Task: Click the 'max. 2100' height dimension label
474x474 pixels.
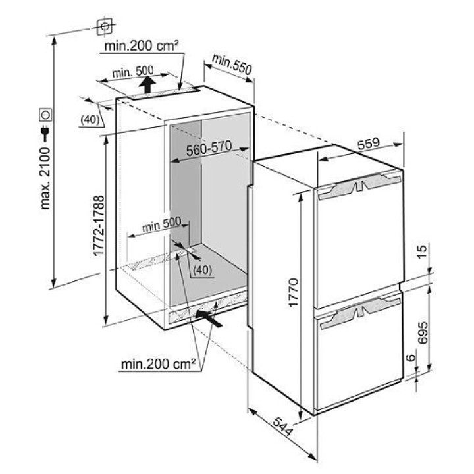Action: (x=45, y=178)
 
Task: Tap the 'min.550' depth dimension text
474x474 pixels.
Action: (x=232, y=64)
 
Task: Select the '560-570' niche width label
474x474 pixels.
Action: (x=209, y=148)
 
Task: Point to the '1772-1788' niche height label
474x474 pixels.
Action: (x=99, y=226)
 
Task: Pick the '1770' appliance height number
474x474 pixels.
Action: (x=294, y=292)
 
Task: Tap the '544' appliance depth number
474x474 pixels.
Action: (x=282, y=427)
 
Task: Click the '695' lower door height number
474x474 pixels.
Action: (x=422, y=332)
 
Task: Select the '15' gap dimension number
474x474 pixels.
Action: (x=422, y=251)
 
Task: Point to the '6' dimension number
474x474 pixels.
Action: (x=411, y=358)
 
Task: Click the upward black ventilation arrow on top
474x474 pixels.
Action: (x=147, y=85)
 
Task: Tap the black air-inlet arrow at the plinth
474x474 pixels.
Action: (x=209, y=318)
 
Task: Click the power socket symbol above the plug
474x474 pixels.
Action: (x=45, y=115)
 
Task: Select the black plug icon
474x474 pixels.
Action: (x=45, y=133)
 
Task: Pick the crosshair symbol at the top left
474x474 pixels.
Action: (x=105, y=26)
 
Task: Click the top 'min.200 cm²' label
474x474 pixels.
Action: (x=142, y=46)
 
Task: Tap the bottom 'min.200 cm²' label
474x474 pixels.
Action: (x=159, y=364)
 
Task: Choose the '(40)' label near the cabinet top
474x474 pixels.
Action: (x=90, y=120)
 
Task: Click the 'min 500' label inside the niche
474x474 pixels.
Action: (x=162, y=224)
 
